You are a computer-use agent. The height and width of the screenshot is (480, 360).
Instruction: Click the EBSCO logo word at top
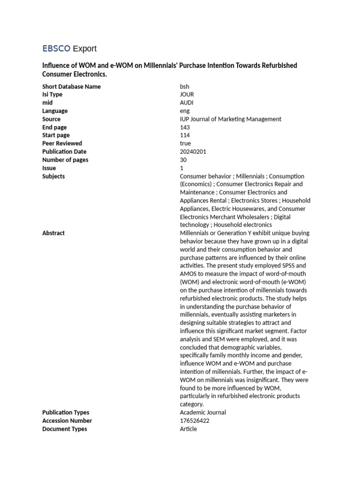pyautogui.click(x=56, y=48)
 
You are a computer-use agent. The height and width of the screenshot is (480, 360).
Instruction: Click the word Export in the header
pyautogui.click(x=85, y=48)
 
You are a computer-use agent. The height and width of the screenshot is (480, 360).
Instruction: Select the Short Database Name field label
pyautogui.click(x=71, y=87)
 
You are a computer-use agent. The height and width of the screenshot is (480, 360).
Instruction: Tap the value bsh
pyautogui.click(x=185, y=87)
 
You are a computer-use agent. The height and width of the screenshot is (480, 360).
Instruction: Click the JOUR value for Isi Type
pyautogui.click(x=187, y=95)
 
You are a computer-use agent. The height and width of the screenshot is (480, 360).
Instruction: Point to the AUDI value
pyautogui.click(x=187, y=103)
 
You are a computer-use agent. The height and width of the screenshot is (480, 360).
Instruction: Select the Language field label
pyautogui.click(x=55, y=111)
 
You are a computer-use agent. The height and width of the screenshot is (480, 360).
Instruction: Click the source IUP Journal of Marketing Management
pyautogui.click(x=231, y=119)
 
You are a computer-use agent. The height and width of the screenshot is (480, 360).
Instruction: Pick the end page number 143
pyautogui.click(x=185, y=127)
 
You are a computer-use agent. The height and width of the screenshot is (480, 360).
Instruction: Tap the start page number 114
pyautogui.click(x=185, y=135)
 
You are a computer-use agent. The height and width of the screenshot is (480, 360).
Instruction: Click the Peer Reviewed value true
pyautogui.click(x=185, y=143)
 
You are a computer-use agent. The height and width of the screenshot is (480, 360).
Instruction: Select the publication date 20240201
pyautogui.click(x=193, y=152)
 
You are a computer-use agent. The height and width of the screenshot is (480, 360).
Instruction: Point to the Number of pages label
pyautogui.click(x=65, y=160)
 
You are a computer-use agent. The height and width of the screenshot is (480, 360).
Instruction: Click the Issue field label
pyautogui.click(x=49, y=168)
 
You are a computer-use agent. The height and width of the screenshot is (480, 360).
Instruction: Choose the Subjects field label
pyautogui.click(x=53, y=176)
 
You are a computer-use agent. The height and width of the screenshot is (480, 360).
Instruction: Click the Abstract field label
pyautogui.click(x=53, y=233)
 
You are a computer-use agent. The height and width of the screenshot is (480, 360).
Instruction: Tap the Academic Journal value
pyautogui.click(x=202, y=412)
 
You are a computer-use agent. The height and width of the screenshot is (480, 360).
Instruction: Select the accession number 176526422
pyautogui.click(x=195, y=421)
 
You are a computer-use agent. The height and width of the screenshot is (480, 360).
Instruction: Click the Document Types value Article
pyautogui.click(x=188, y=429)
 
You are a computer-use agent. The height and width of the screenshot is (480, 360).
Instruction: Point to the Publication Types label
pyautogui.click(x=66, y=412)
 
